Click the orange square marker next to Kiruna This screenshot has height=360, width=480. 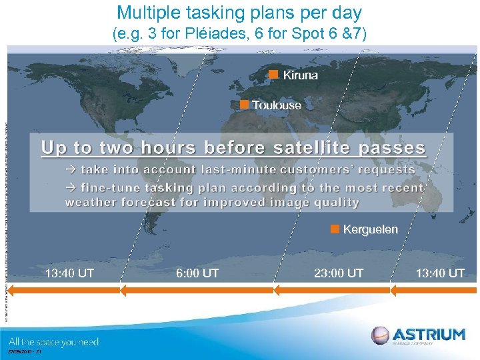[x=273, y=75]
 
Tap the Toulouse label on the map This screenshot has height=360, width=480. [x=277, y=105]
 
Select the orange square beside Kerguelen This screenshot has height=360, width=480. [x=335, y=229]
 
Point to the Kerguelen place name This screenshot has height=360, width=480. [x=370, y=229]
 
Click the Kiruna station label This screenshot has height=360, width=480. [x=300, y=75]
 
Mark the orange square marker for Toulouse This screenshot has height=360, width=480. [x=244, y=105]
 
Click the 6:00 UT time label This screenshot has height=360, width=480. [x=197, y=273]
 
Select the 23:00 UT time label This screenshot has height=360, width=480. [x=339, y=273]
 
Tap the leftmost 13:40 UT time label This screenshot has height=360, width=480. [x=69, y=273]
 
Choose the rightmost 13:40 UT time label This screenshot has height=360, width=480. [x=440, y=273]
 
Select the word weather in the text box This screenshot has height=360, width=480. [x=92, y=202]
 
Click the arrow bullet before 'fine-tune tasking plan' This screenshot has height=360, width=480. [x=71, y=188]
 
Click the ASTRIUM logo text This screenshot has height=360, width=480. [x=428, y=334]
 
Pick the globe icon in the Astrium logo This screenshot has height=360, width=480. [x=380, y=335]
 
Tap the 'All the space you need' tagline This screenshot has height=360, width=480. [x=53, y=342]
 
